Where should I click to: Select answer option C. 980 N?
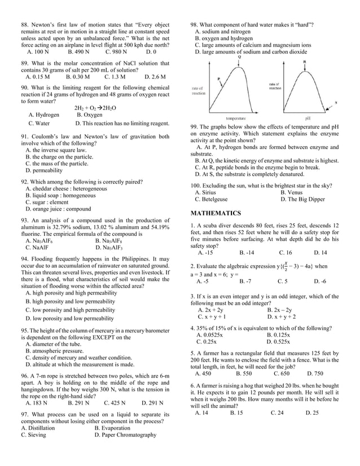[x=117, y=51]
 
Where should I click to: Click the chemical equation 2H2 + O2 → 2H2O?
[x=95, y=108]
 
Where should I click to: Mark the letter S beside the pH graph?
[x=336, y=102]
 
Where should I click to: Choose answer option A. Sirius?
[x=205, y=192]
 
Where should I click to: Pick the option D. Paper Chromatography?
[x=125, y=435]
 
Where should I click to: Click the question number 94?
[x=25, y=258]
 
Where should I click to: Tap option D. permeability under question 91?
[x=44, y=170]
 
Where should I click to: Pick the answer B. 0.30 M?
[x=78, y=76]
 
